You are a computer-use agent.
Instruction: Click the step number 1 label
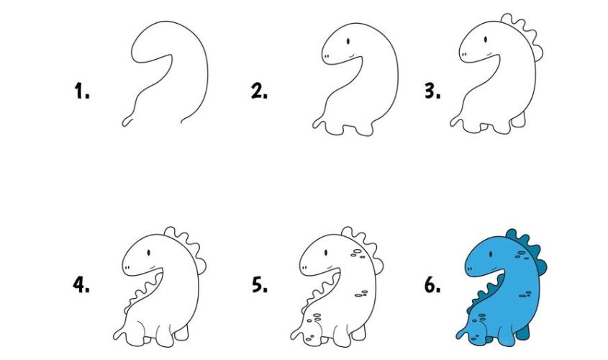coord(82,91)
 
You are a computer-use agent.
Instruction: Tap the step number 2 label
coord(259,91)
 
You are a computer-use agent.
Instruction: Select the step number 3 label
coord(432,91)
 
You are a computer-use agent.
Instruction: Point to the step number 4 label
coord(81,284)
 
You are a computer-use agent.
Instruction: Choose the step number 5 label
coord(260,284)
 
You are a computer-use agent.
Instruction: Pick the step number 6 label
coord(432,285)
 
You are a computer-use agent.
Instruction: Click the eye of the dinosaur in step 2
coord(348,41)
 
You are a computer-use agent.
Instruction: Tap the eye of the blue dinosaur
coord(491,254)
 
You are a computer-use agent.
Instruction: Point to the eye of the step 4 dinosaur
coord(148,253)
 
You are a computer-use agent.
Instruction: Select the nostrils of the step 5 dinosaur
coord(304,268)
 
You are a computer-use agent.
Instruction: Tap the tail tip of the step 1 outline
coord(124,124)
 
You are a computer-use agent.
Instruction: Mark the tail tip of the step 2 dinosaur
coord(314,125)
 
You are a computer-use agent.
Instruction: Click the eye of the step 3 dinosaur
coord(486,39)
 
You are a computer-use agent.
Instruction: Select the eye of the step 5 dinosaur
coord(326,253)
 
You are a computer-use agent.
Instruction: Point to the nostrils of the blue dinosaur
coord(470,269)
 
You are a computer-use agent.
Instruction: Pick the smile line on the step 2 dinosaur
coord(352,56)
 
